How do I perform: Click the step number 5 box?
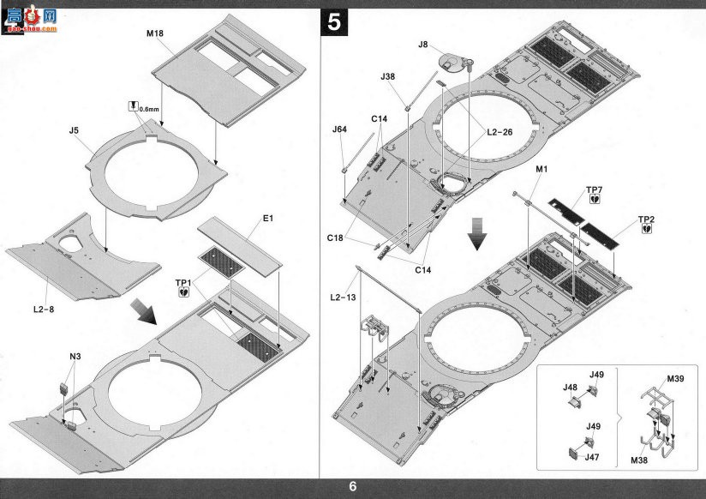tap(333, 22)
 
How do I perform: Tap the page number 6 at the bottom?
tap(352, 487)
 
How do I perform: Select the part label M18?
tap(155, 33)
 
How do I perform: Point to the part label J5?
tap(74, 130)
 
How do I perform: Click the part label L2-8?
tap(44, 310)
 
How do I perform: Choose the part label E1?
tap(268, 218)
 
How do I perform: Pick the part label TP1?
tap(183, 283)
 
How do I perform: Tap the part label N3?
tap(75, 357)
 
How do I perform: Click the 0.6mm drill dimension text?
tap(149, 109)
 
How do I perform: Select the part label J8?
tap(422, 45)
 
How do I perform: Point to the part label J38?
tap(387, 76)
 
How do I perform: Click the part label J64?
tap(339, 129)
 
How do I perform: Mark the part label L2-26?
tap(500, 132)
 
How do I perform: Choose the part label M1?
tap(541, 169)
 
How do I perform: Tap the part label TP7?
tap(594, 190)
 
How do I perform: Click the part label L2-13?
tap(343, 297)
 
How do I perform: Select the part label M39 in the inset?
tap(675, 379)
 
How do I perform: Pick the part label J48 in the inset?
tap(570, 388)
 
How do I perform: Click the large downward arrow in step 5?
tap(477, 233)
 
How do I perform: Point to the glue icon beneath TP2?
tap(647, 229)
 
